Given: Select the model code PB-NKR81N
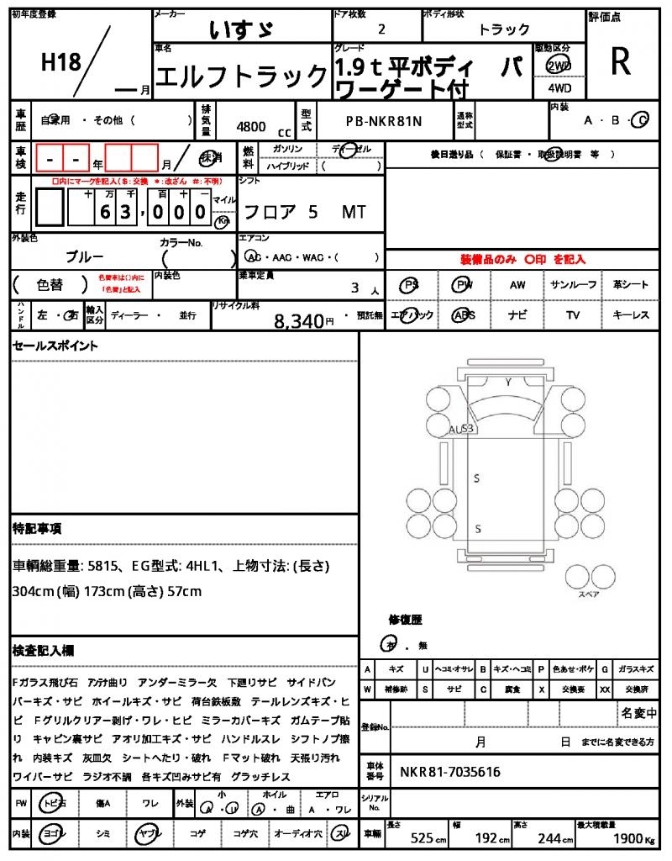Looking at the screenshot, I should click(x=384, y=121).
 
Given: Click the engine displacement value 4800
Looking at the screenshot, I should click(x=252, y=126).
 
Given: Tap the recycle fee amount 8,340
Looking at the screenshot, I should click(x=298, y=320).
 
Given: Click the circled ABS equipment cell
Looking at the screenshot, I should click(x=463, y=315).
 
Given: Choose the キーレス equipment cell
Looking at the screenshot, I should click(x=631, y=315).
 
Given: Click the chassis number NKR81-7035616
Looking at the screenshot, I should click(x=450, y=772).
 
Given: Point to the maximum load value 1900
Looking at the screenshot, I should click(x=626, y=838).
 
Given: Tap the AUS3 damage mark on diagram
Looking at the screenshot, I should click(x=461, y=429).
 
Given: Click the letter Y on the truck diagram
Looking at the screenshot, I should click(x=507, y=383).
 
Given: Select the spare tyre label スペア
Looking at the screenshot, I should click(x=588, y=594).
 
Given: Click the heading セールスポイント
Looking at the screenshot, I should click(x=55, y=346).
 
